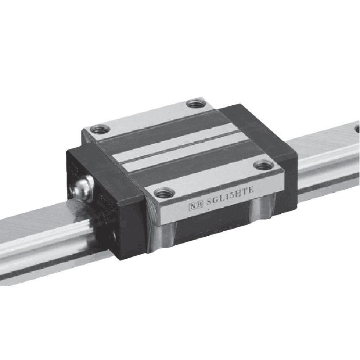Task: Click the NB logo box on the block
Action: [x=196, y=206]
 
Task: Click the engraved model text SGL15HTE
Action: [x=230, y=196]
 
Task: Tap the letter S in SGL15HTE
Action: [x=209, y=202]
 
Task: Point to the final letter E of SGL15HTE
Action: [x=251, y=190]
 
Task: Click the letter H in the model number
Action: [x=239, y=193]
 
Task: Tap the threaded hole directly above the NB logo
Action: [x=164, y=193]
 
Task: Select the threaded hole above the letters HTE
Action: [x=264, y=165]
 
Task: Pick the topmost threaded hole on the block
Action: [x=196, y=103]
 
